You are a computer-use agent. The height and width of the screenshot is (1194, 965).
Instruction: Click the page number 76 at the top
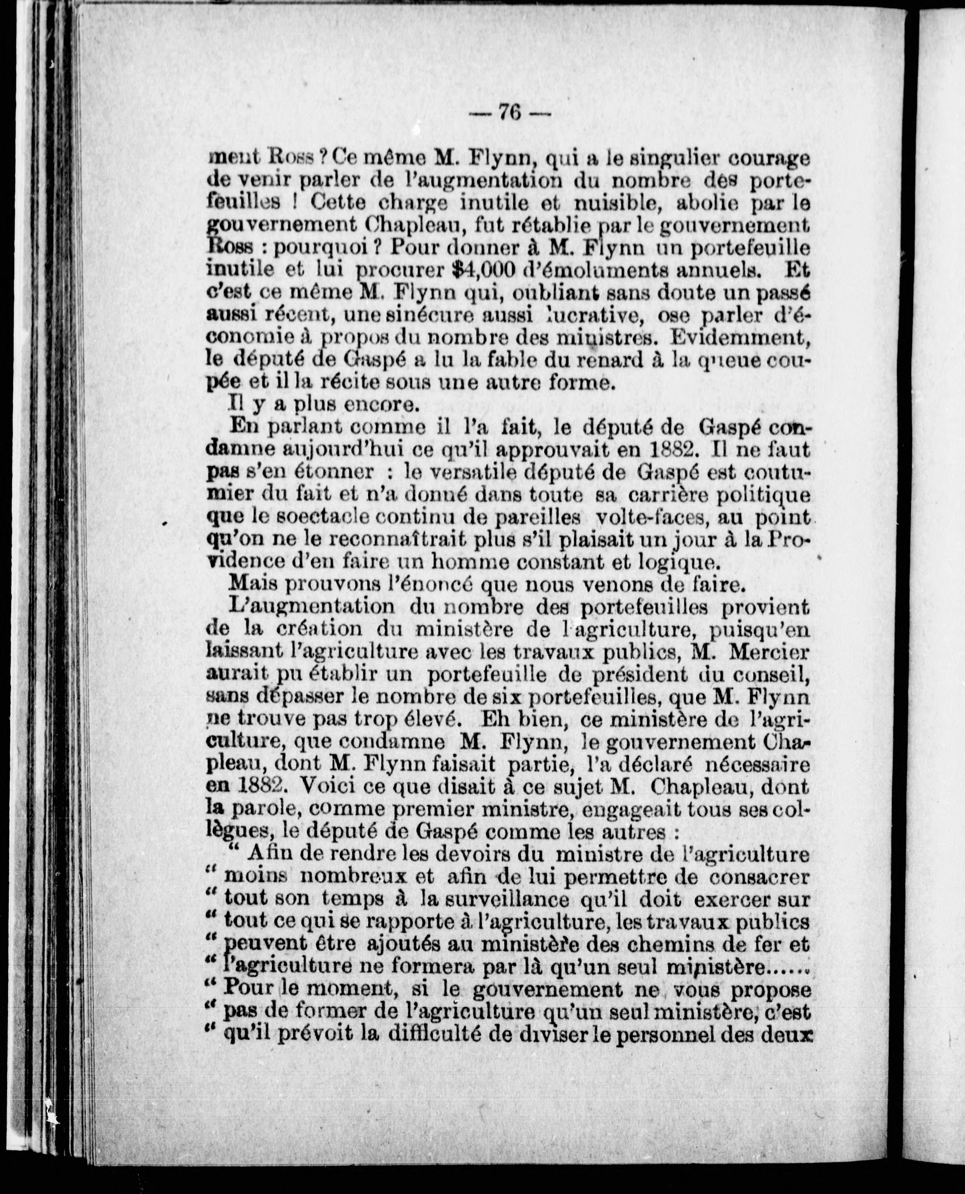click(509, 113)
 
